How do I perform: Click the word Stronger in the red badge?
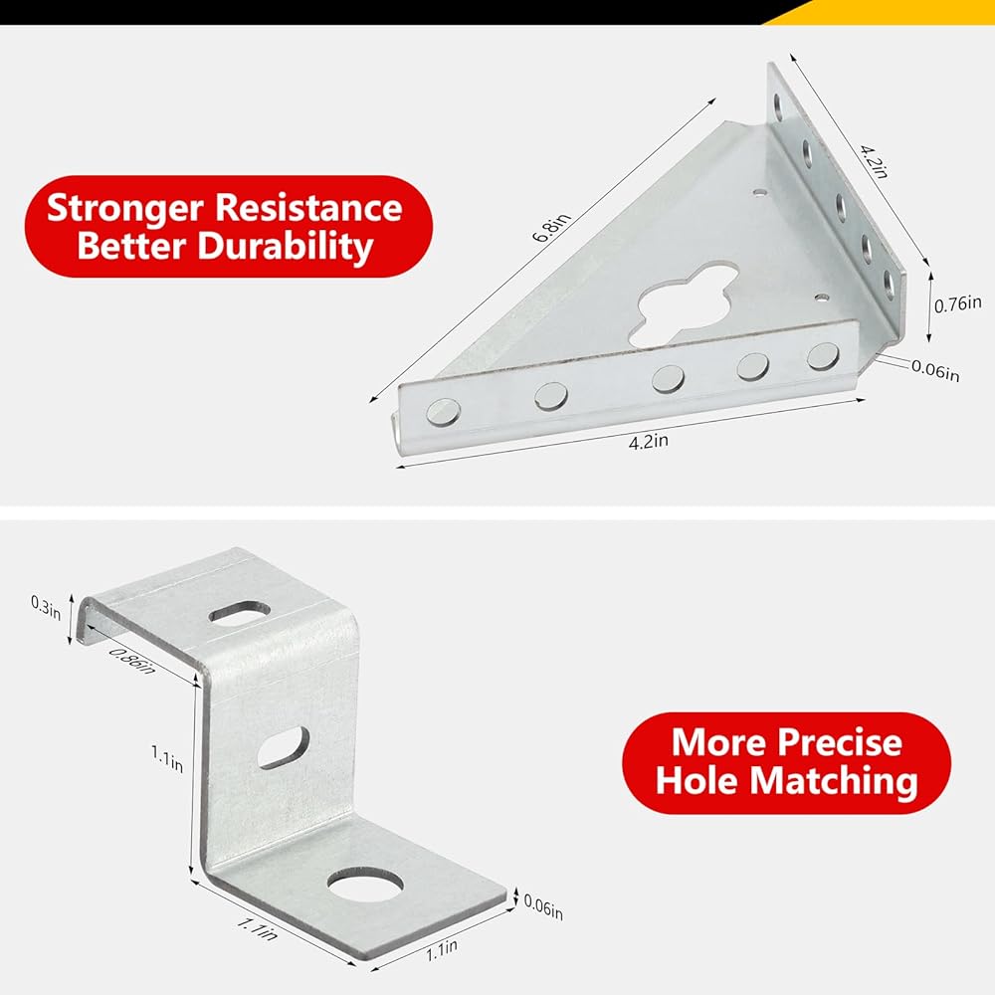(125, 209)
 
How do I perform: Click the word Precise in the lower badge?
(840, 741)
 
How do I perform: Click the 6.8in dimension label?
(551, 228)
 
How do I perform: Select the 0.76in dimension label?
(957, 304)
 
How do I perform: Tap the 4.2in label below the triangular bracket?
(648, 441)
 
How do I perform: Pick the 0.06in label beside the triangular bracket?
(935, 370)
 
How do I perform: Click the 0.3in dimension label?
(46, 607)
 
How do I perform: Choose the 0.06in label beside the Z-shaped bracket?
(543, 907)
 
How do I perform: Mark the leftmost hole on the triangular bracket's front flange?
(443, 412)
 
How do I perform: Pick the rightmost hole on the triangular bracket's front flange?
(823, 356)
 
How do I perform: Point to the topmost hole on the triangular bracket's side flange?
(778, 107)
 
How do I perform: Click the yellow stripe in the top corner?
(889, 12)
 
